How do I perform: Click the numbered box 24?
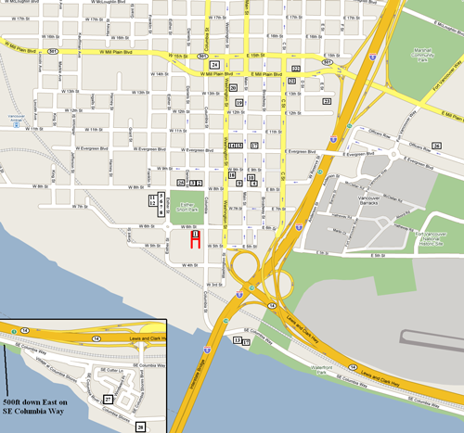[x=214, y=65]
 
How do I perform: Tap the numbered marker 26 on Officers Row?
[x=436, y=146]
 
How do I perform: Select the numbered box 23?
[x=326, y=99]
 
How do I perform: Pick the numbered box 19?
[x=238, y=102]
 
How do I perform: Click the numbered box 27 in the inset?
[x=108, y=399]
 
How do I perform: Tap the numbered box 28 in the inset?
[x=141, y=426]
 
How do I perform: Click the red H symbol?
[x=196, y=240]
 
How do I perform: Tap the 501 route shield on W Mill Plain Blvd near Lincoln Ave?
[x=58, y=51]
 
